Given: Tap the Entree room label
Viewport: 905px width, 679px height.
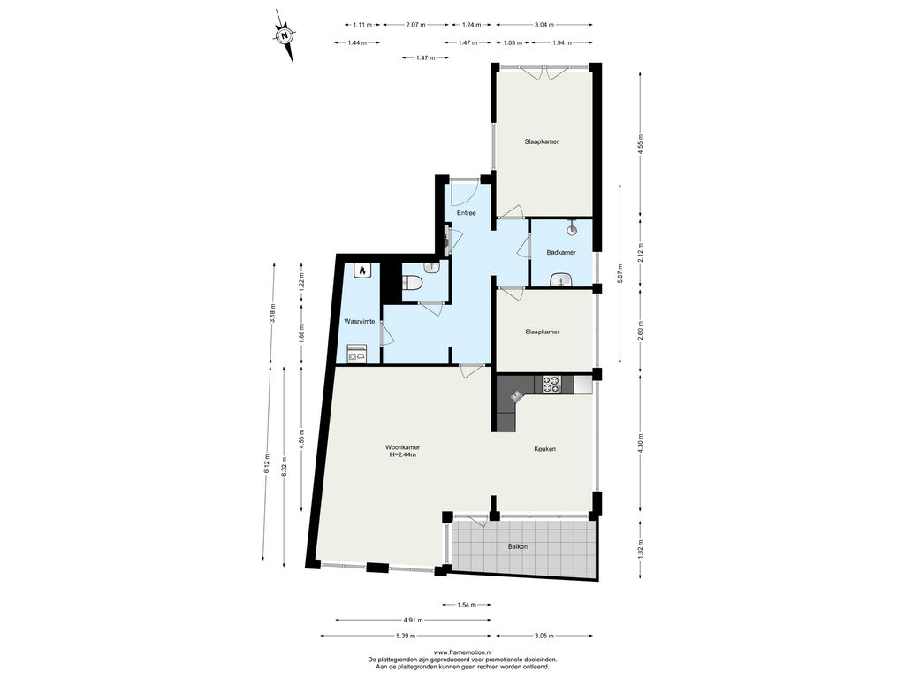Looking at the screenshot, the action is [467, 213].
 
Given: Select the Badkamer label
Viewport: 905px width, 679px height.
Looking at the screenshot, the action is [561, 252].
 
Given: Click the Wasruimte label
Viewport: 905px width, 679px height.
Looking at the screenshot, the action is [360, 321].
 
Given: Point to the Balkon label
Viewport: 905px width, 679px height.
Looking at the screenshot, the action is [518, 546].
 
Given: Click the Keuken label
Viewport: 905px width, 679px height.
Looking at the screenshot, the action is [544, 448].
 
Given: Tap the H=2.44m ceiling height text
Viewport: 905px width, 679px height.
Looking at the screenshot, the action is [403, 455].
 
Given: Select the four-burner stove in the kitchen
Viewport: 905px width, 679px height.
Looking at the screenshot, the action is [551, 385].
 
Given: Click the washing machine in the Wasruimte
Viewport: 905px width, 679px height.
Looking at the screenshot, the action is [357, 354].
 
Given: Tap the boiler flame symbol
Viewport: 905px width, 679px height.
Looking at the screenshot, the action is [361, 270].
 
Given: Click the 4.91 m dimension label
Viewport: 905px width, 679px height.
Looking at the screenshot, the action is [414, 620].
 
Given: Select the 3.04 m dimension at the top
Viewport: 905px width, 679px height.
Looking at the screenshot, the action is [544, 24].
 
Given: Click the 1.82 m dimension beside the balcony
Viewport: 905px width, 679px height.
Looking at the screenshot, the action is [640, 548].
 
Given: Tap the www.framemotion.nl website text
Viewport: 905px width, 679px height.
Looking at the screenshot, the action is [462, 652].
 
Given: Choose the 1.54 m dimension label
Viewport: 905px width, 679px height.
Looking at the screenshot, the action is [467, 605].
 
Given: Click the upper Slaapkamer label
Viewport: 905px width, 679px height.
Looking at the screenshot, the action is [542, 141].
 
